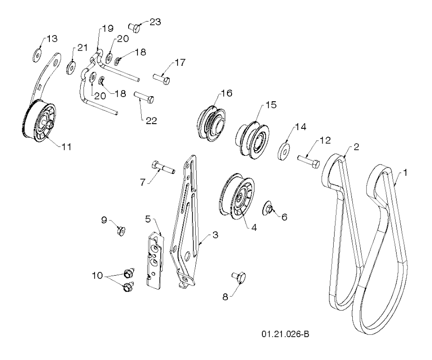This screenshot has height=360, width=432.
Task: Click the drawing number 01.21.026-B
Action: pyautogui.click(x=286, y=334)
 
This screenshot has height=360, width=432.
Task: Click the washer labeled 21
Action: pyautogui.click(x=70, y=67)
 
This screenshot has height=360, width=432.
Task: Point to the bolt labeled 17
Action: pyautogui.click(x=161, y=78)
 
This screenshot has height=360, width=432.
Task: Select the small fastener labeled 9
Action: pyautogui.click(x=121, y=231)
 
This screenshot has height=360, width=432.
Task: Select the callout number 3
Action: pyautogui.click(x=215, y=235)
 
